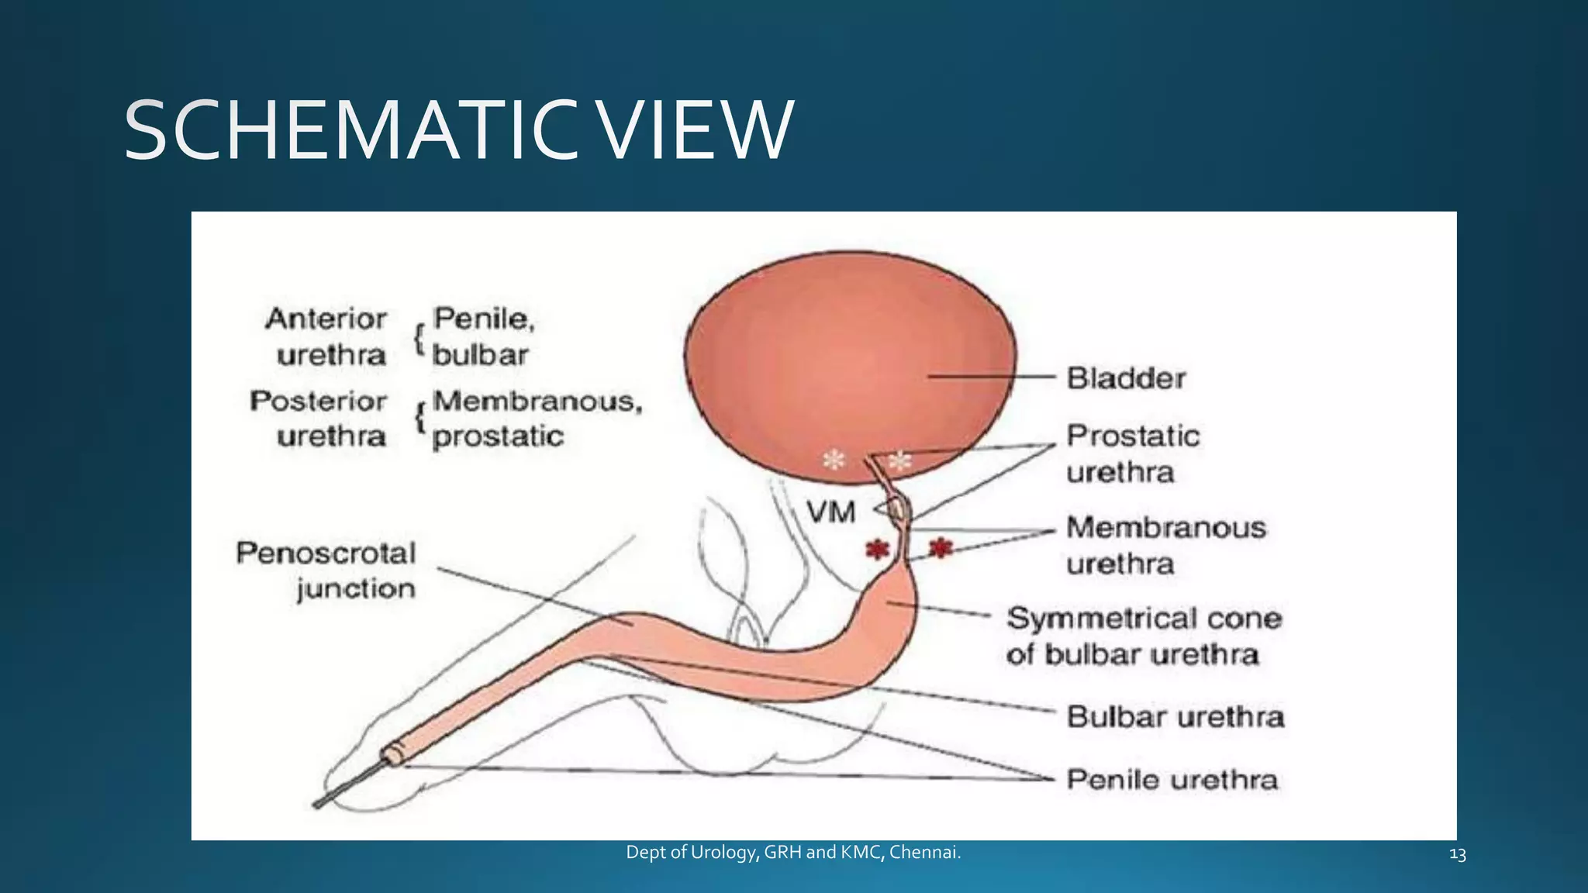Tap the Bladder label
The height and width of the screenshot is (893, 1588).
point(1126,378)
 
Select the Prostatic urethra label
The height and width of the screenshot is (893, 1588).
point(1132,453)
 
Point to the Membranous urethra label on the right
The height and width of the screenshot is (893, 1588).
point(1165,545)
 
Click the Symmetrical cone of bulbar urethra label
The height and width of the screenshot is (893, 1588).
point(1144,636)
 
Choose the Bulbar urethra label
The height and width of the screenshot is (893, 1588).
point(1175,716)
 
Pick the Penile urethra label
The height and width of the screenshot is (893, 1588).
point(1172,779)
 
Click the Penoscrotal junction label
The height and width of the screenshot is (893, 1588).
point(326,571)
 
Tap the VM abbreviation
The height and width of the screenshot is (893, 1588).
point(830,512)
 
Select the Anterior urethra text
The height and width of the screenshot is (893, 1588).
point(326,336)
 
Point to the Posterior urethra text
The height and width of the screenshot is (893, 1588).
point(319,419)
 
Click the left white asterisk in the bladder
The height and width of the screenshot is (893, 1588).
point(834,460)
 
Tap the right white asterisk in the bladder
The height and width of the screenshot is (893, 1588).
point(899,462)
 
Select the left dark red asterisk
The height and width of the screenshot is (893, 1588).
point(877,550)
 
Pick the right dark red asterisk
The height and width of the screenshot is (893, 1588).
point(941,548)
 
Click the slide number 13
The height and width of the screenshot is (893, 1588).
point(1457,855)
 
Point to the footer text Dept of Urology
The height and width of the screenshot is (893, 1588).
point(792,853)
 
